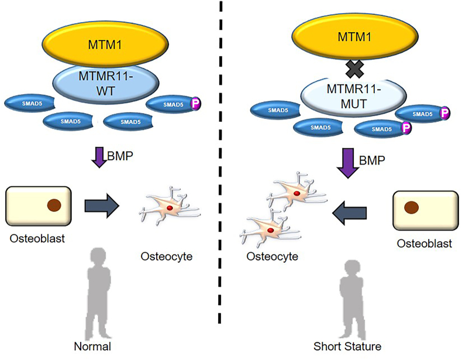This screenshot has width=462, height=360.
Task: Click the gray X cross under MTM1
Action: coord(354,69)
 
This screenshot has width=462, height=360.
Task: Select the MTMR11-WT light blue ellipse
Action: coord(106,84)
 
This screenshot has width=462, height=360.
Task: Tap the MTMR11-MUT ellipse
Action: coord(354,97)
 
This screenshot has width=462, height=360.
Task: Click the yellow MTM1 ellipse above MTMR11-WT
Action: coord(105,44)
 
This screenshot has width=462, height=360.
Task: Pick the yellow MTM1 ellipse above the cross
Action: coord(355,37)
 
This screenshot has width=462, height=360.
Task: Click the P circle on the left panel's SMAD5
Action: coord(195,104)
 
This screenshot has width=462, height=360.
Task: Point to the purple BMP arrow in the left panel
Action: coord(99,157)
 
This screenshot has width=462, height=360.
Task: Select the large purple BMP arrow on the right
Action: coord(348,163)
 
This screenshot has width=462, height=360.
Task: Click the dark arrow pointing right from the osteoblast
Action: coord(102,206)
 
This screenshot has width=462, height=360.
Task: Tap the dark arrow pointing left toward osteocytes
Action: coord(349,212)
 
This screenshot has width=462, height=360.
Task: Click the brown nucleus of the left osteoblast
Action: coord(54,205)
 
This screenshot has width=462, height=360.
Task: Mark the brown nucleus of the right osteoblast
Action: coord(411,208)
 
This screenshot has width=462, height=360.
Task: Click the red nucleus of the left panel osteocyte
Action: coord(170,208)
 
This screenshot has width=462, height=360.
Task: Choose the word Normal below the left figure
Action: coord(92,347)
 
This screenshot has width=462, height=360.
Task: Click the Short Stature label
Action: coord(347,347)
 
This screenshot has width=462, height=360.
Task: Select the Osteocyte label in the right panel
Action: coord(273,256)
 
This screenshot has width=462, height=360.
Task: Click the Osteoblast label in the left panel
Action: coord(37,238)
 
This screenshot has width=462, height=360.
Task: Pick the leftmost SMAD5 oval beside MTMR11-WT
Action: coord(30,103)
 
